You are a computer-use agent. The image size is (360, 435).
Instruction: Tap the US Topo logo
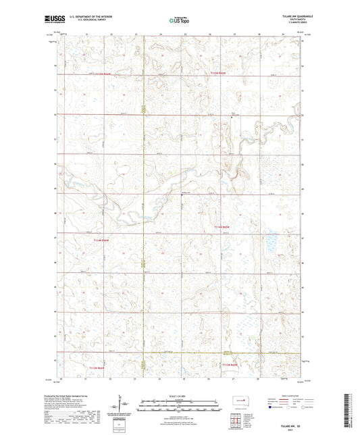tap(177, 21)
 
